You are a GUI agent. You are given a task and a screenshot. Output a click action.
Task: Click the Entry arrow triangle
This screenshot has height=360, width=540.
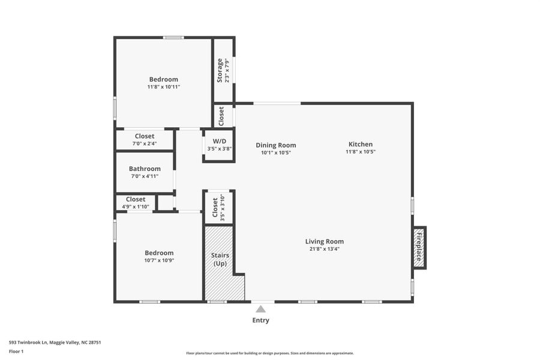point(260,309)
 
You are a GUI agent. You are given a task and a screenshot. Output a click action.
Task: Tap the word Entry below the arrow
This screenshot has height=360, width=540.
point(260,320)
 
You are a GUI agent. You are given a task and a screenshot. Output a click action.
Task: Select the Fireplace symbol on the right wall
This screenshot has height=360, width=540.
point(419,248)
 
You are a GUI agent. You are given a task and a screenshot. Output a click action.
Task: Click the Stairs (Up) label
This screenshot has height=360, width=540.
point(220,259)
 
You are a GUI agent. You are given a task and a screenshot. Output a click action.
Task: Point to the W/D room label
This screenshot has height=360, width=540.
point(219,142)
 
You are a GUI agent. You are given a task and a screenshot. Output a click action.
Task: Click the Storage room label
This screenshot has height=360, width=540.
point(220,71)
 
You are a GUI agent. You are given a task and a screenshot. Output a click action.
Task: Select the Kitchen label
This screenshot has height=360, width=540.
point(361,144)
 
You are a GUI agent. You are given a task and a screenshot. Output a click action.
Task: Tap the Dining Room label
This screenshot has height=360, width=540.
point(276,145)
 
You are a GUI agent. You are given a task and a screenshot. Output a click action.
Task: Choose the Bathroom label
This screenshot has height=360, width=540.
point(145,169)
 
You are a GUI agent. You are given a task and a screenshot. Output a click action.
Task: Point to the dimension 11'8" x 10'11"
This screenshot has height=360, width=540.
point(164,87)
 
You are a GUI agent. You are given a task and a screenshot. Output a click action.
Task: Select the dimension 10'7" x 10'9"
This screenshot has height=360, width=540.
point(159,260)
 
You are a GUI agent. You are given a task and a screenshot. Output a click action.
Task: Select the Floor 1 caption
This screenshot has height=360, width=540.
point(16,351)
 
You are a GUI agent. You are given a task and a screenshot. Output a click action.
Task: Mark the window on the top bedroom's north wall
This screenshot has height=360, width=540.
point(173,38)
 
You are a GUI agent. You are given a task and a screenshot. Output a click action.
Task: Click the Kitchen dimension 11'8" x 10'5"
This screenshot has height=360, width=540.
point(361,152)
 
